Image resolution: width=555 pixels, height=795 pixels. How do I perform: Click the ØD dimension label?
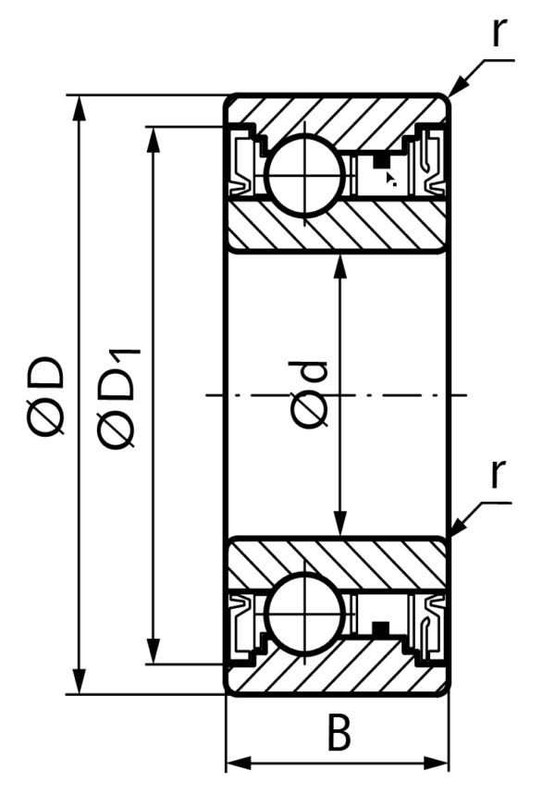(x=45, y=396)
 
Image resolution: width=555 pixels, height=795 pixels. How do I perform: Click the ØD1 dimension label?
(x=118, y=399)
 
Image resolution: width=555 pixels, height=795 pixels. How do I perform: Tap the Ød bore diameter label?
(x=309, y=394)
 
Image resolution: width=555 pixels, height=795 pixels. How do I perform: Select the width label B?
(x=339, y=732)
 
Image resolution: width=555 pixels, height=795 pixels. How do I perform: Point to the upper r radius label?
(x=499, y=31)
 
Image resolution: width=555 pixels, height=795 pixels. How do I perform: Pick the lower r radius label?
(x=499, y=474)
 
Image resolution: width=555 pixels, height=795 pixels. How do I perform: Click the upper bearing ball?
(x=304, y=176)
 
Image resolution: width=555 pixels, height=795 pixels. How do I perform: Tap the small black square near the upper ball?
(x=381, y=162)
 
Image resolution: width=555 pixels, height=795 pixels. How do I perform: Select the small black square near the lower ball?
(x=381, y=627)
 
